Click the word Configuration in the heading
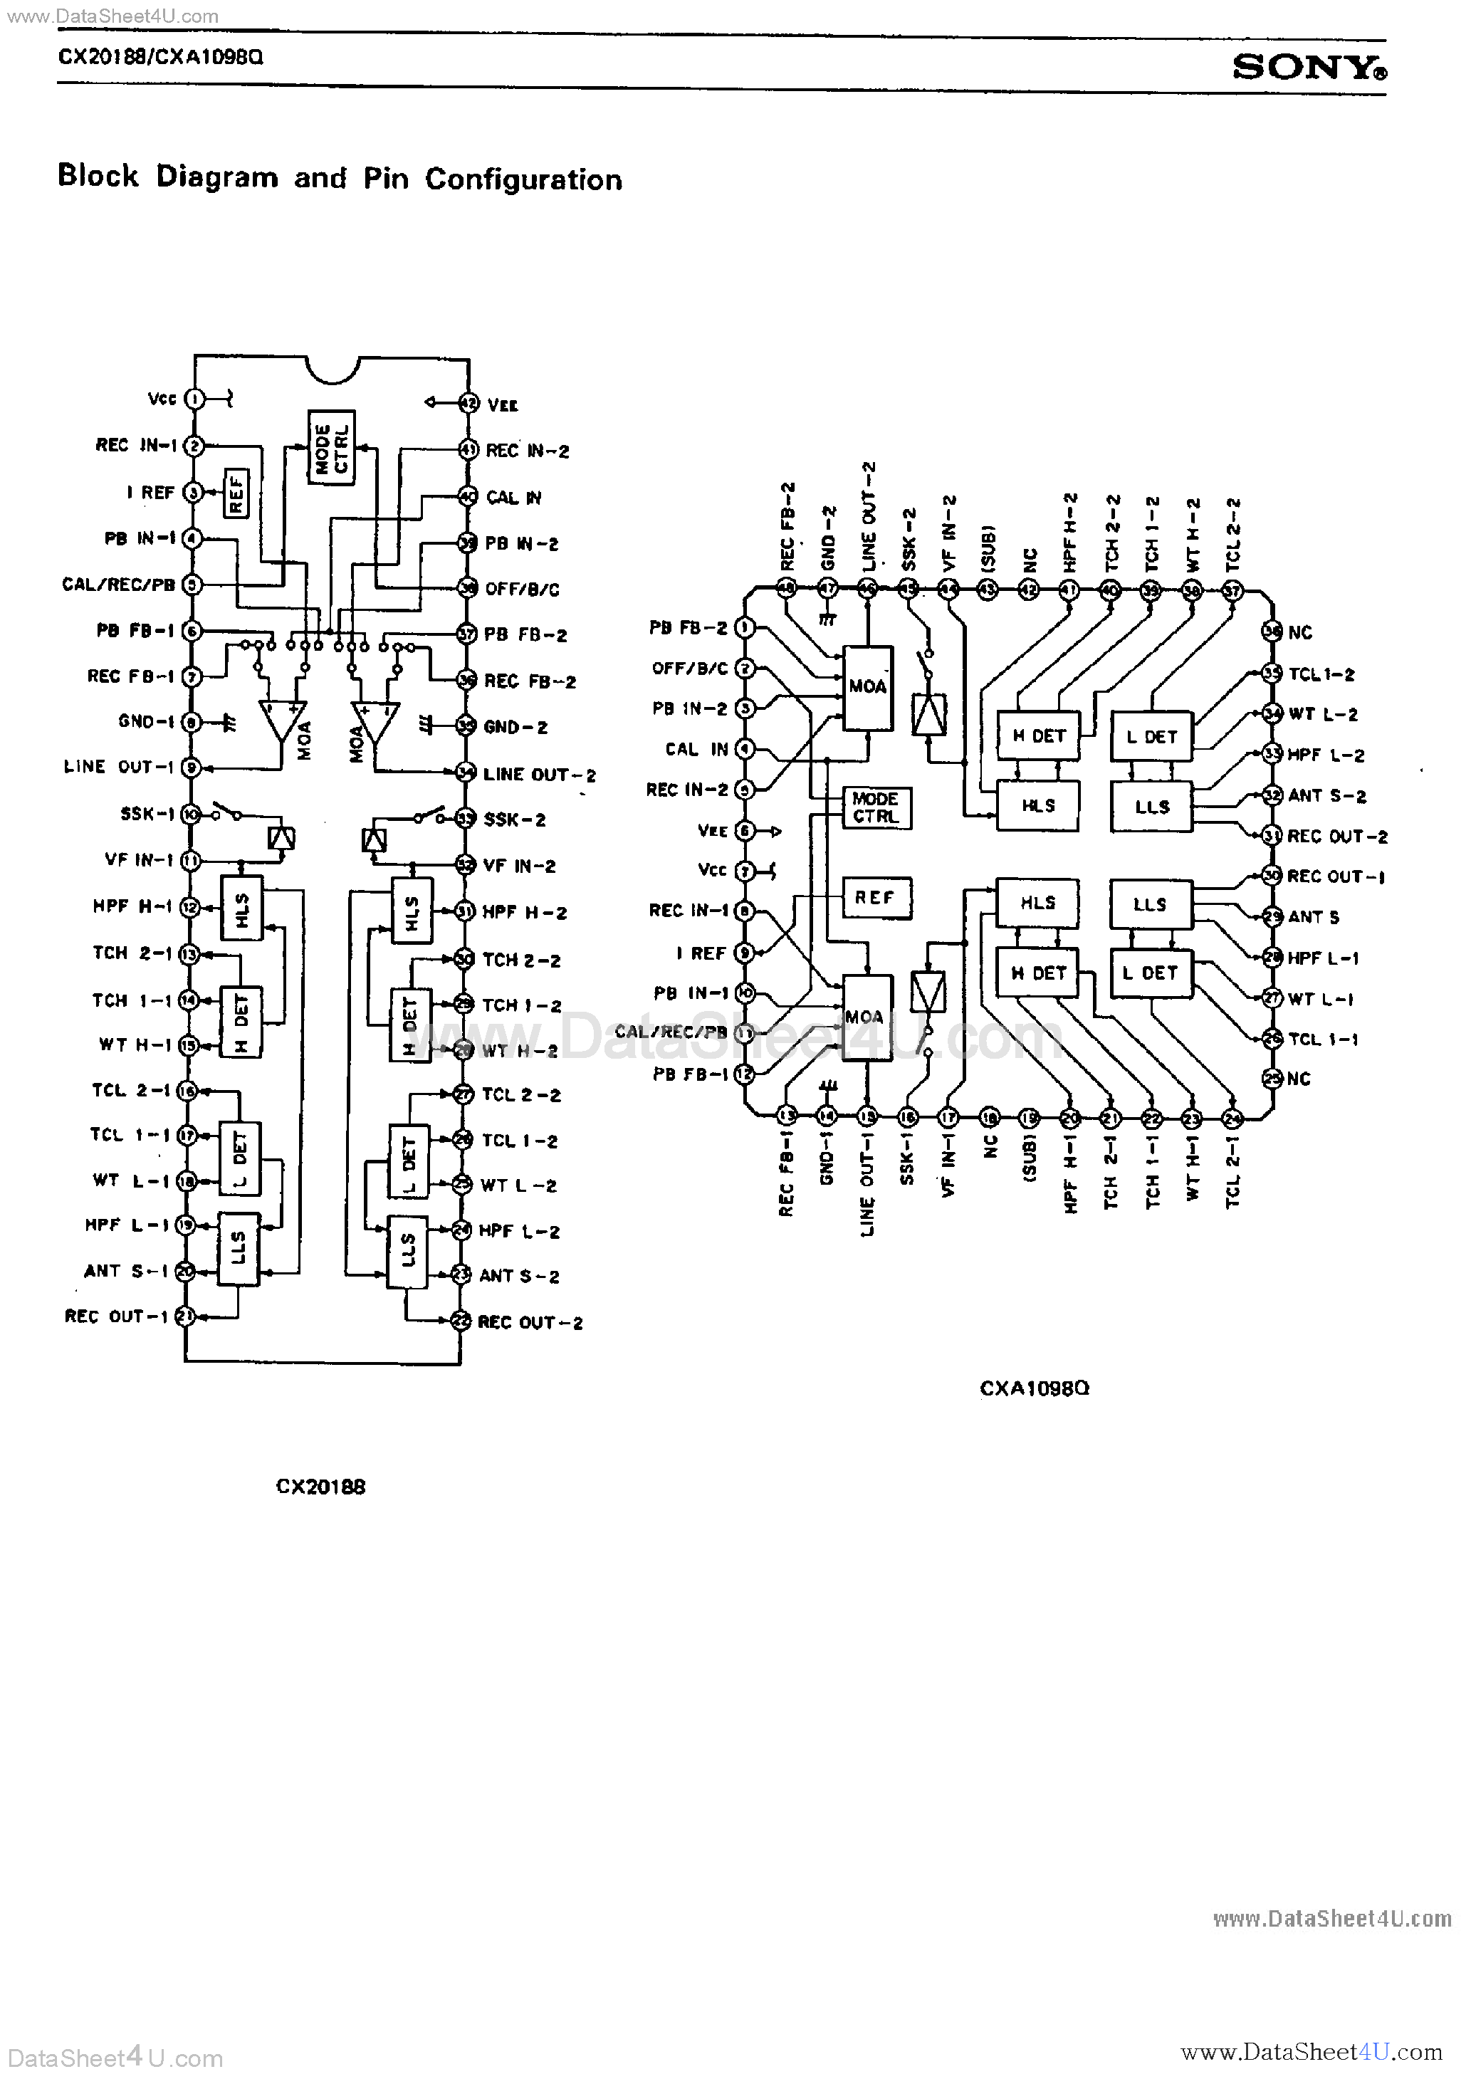click(x=523, y=179)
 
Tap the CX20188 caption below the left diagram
click(x=320, y=1487)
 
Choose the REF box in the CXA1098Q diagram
click(x=874, y=897)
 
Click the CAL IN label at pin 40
click(x=513, y=497)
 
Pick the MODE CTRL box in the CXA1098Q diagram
click(x=876, y=807)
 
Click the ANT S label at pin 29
click(x=1314, y=917)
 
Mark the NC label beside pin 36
click(x=1300, y=633)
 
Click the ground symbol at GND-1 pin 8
click(x=229, y=723)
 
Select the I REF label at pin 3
click(x=150, y=493)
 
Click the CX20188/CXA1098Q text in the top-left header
click(x=160, y=57)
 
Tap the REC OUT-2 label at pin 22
click(x=530, y=1322)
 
